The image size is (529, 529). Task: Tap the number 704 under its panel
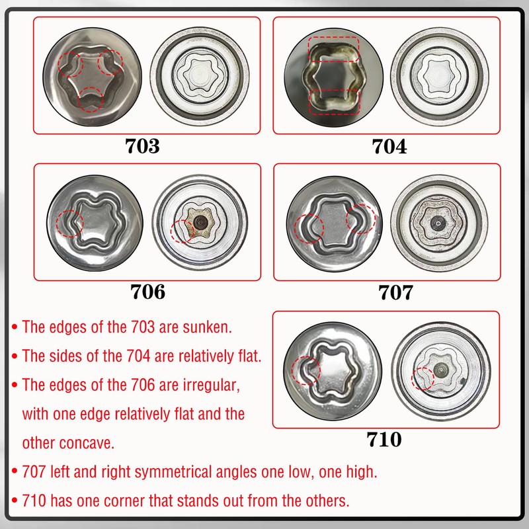pyautogui.click(x=389, y=145)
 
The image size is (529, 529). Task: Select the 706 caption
pyautogui.click(x=148, y=291)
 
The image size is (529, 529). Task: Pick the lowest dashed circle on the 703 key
pyautogui.click(x=91, y=100)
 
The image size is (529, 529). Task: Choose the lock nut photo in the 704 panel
pyautogui.click(x=440, y=74)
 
